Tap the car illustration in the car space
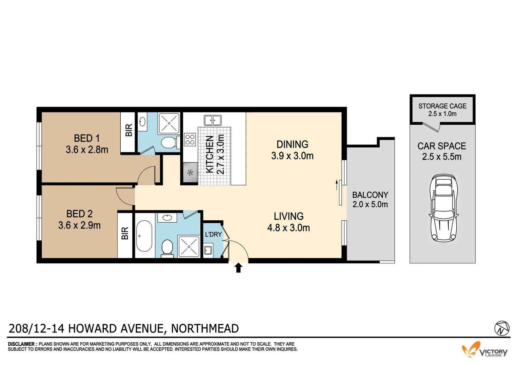443,208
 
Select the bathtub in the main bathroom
144,236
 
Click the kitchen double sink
213,120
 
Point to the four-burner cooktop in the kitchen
190,139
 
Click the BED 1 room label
87,138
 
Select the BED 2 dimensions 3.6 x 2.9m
79,225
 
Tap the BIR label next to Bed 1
128,130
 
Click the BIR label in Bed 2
125,233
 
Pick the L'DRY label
213,234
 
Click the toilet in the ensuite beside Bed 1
168,142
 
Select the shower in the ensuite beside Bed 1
169,123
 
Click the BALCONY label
370,195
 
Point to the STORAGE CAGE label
442,106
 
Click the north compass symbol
502,328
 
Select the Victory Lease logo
485,350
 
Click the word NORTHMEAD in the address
205,328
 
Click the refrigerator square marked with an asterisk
190,173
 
